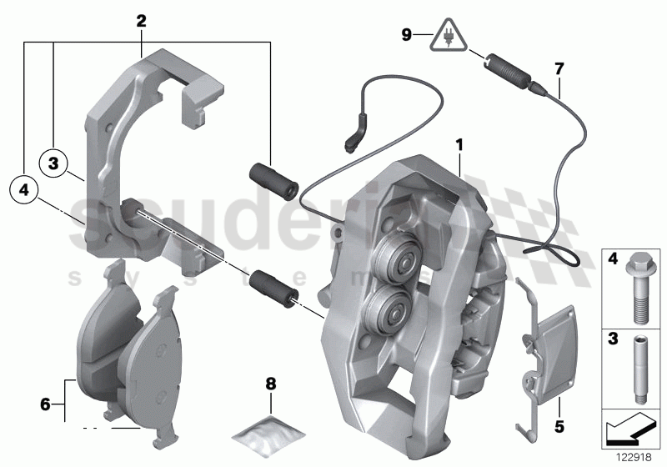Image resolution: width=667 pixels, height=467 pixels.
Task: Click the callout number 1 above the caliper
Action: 459,145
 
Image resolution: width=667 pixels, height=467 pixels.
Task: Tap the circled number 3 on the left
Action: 53,163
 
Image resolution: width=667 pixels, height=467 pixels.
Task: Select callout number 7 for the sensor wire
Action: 559,67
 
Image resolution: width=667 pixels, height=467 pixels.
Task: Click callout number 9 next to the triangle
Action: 406,35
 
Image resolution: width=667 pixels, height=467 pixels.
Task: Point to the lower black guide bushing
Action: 275,285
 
